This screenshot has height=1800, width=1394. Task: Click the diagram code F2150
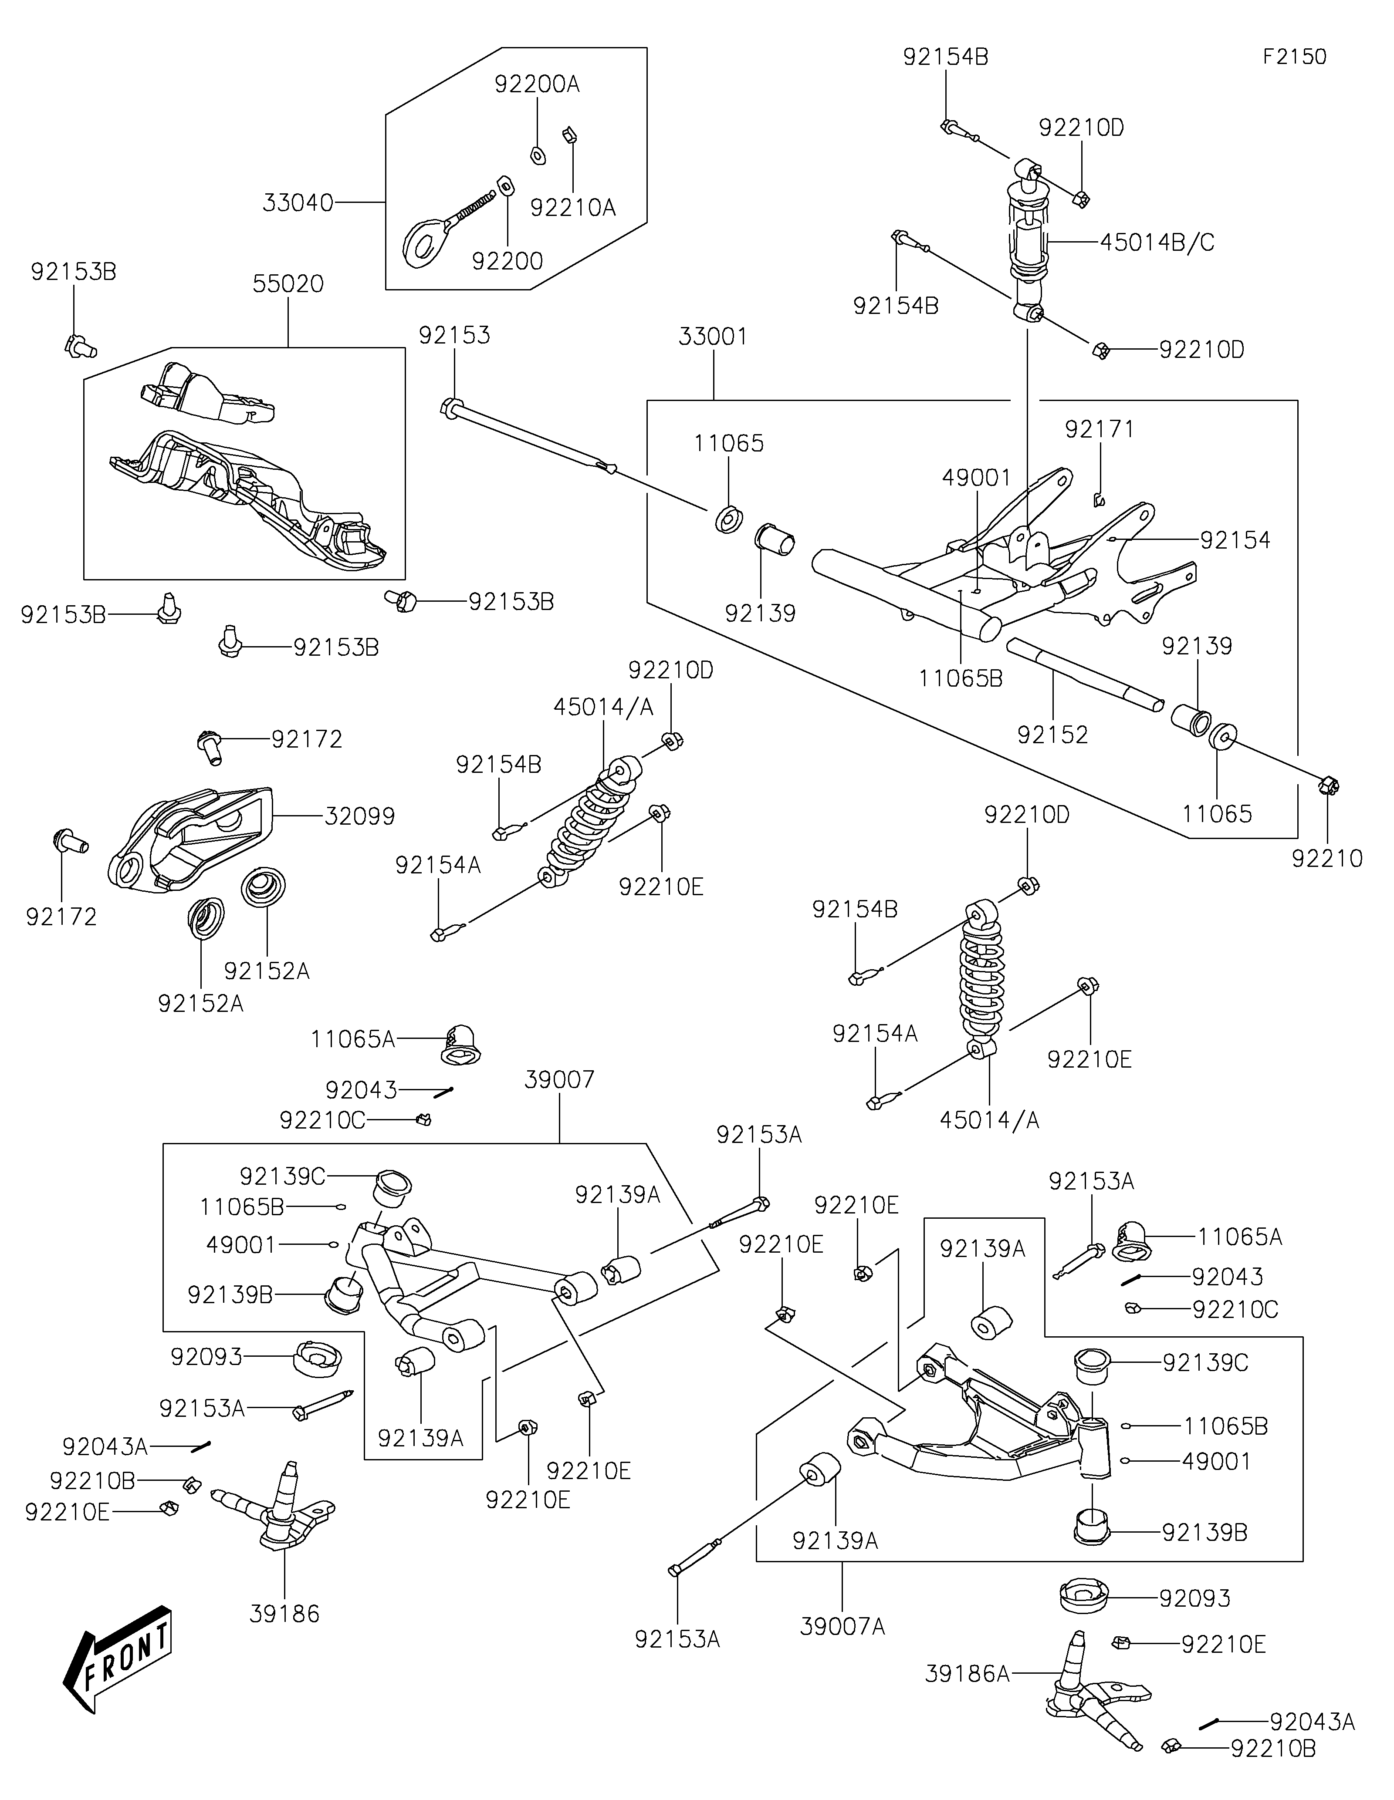(x=1294, y=57)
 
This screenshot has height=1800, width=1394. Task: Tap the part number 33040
(x=298, y=203)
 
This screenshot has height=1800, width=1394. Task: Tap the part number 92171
(x=1099, y=429)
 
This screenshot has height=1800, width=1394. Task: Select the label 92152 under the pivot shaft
(x=1053, y=735)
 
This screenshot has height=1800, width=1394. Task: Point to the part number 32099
(x=360, y=816)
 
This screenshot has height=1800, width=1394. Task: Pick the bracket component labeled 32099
(x=189, y=841)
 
